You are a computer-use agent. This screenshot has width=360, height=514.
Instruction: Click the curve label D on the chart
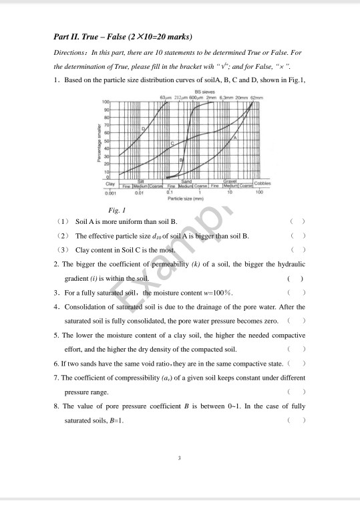[x=142, y=127]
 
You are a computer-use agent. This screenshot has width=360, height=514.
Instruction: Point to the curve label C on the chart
[x=172, y=143]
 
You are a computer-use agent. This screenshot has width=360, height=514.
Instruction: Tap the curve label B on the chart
[x=180, y=160]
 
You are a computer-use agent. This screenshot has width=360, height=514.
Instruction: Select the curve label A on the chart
[x=234, y=136]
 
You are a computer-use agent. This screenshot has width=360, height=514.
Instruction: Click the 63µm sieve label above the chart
[x=166, y=97]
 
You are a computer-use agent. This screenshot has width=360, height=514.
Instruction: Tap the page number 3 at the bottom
[x=180, y=458]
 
